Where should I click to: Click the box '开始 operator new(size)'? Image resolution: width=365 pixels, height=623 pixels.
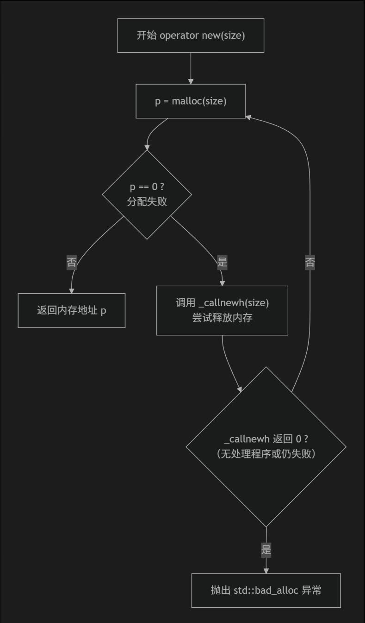pos(191,36)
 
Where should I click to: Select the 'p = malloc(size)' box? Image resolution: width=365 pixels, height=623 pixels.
pos(191,101)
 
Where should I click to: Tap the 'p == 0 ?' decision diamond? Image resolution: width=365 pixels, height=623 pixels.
pos(147,195)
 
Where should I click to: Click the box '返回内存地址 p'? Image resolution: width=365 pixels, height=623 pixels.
pos(72,310)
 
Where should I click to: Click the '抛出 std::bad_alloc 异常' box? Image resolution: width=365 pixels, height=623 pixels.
pos(266,590)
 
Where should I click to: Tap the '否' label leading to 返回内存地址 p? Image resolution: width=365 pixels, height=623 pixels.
pos(72,263)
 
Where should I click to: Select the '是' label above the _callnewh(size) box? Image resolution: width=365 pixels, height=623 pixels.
pos(222,262)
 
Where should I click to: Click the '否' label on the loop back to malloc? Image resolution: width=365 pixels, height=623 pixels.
pos(310,263)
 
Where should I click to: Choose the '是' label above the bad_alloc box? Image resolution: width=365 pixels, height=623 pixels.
pos(266,550)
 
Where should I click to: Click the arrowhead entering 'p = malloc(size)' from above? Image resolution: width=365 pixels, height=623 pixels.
pos(191,81)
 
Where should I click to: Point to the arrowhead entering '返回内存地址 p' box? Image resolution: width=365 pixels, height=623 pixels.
pos(72,290)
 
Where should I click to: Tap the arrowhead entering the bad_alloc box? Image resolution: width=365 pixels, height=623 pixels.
pos(266,570)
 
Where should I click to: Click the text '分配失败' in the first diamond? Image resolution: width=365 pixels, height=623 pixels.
pos(147,202)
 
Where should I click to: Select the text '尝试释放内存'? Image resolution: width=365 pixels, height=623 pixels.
pos(222,318)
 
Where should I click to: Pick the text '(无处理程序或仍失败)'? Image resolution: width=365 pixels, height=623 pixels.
pos(266,454)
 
